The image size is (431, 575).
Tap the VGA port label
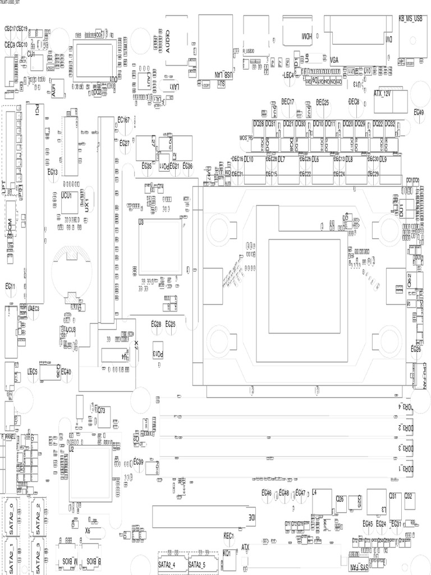tap(334, 59)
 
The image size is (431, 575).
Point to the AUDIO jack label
tap(167, 40)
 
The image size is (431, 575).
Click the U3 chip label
tap(141, 223)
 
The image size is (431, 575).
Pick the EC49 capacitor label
tap(419, 112)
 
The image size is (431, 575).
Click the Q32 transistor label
tap(409, 496)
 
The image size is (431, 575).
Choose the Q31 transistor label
tap(393, 496)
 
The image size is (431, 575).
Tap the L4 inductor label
tap(315, 492)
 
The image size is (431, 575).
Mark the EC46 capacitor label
tap(267, 492)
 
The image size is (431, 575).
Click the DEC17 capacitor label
tap(287, 102)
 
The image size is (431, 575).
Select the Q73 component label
tap(102, 410)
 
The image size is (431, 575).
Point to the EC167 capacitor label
tap(123, 120)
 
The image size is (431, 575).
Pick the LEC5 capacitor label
tap(33, 371)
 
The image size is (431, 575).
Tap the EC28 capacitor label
tap(156, 324)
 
